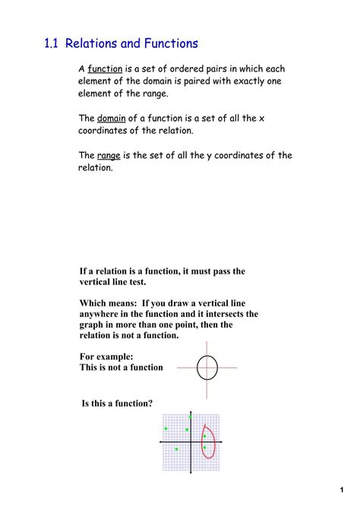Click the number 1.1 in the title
click(52, 44)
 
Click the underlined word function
click(105, 68)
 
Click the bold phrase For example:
click(106, 356)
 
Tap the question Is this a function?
click(117, 404)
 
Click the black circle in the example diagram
click(207, 368)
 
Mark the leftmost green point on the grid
click(166, 429)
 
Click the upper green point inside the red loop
click(204, 436)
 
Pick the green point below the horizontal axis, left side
click(177, 449)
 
